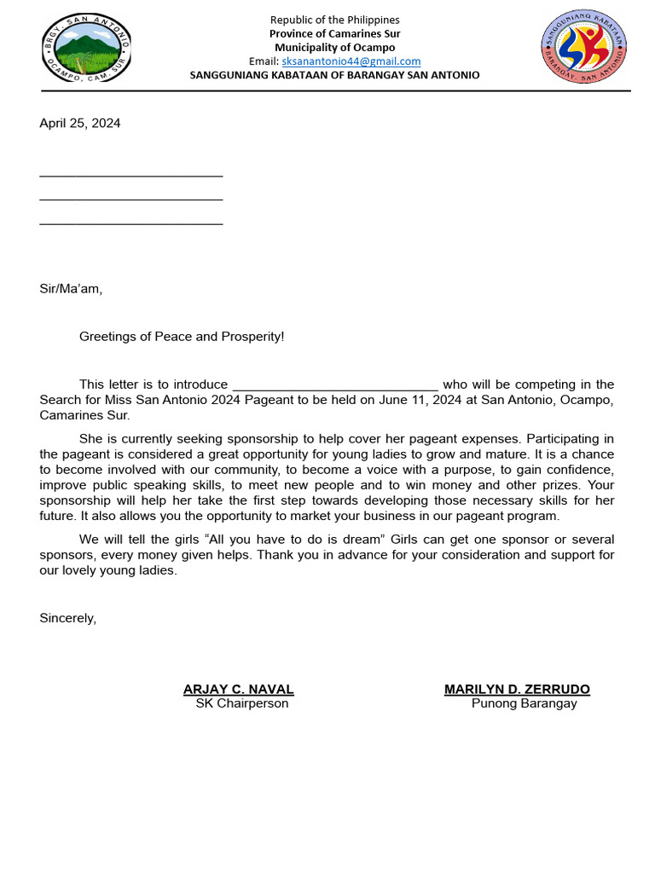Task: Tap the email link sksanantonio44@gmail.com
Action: (x=351, y=61)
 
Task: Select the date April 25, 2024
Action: (x=80, y=124)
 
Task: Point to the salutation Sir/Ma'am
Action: (x=71, y=289)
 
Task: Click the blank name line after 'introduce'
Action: (x=335, y=384)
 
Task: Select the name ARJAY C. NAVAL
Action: (x=239, y=690)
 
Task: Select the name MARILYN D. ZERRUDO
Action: (x=517, y=690)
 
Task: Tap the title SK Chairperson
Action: (x=242, y=704)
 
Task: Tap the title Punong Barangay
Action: (x=524, y=704)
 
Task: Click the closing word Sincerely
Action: (x=68, y=619)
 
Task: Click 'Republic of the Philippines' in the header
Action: (x=334, y=20)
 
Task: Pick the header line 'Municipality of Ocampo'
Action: (x=334, y=48)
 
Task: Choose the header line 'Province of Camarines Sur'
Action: (x=334, y=34)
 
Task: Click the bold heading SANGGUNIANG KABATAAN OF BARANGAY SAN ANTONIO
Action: (x=334, y=75)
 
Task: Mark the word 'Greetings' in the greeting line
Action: (x=108, y=337)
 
